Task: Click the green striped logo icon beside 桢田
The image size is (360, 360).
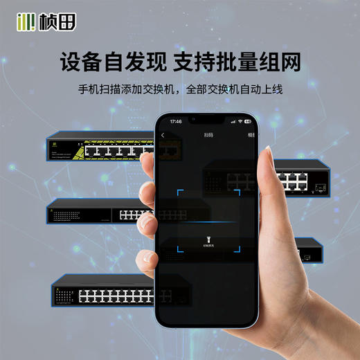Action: (25, 23)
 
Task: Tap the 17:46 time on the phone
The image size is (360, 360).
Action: (176, 121)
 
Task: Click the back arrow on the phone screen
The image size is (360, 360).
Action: (163, 135)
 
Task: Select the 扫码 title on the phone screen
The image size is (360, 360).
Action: (208, 135)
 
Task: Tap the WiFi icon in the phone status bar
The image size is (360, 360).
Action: (240, 121)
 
